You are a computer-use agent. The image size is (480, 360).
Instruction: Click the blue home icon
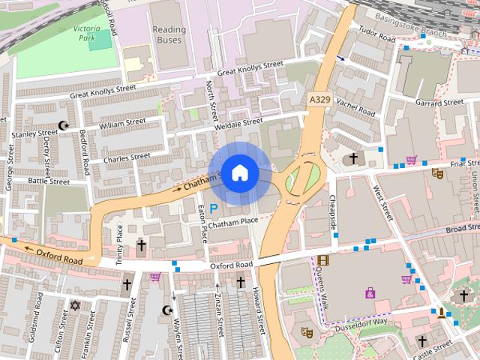click(x=239, y=173)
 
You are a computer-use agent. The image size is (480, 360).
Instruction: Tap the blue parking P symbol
click(x=214, y=208)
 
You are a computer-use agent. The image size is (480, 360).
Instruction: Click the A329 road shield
click(x=319, y=98)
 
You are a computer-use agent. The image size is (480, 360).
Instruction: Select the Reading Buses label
click(x=169, y=34)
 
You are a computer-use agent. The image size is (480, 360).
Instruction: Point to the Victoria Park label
click(x=91, y=33)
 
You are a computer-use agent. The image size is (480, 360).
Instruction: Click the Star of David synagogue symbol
click(x=73, y=305)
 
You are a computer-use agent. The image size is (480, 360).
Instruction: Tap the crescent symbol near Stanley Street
click(x=62, y=126)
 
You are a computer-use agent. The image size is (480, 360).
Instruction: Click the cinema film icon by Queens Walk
click(x=322, y=260)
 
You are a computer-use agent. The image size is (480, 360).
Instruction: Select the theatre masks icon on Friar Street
click(x=437, y=173)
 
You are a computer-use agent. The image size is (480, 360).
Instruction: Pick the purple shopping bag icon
click(x=370, y=292)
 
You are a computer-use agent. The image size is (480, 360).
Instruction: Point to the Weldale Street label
click(x=238, y=122)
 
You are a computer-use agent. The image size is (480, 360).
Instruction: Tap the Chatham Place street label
click(x=233, y=222)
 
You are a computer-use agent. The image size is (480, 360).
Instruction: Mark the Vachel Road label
click(x=355, y=106)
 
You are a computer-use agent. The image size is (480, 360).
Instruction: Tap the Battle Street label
click(x=49, y=181)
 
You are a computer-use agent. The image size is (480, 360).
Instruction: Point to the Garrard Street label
click(x=440, y=103)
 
